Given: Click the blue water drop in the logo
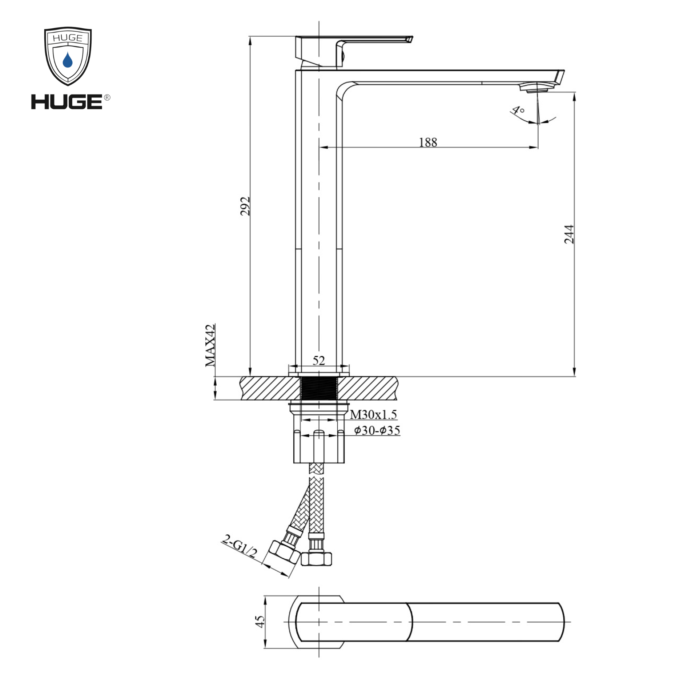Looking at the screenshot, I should point(68,60).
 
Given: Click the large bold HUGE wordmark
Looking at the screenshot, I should point(67,102).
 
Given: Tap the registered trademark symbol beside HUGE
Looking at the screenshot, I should point(107,97).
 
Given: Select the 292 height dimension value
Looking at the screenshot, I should point(245,206).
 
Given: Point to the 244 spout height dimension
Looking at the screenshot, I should point(569,234).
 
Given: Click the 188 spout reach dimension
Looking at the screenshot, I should point(428,142).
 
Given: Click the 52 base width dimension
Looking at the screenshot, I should point(319,361).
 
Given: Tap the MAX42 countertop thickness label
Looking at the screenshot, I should point(210,345).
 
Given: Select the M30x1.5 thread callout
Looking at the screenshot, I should point(373,414).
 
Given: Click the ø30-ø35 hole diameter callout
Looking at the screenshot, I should point(377,430).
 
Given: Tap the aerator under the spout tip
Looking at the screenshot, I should point(537,88).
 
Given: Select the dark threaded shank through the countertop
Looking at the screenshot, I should point(319,388).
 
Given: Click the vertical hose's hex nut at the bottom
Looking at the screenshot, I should point(316,559).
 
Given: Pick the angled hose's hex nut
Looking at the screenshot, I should point(285,553).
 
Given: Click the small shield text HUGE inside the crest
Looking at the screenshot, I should point(68,38).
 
